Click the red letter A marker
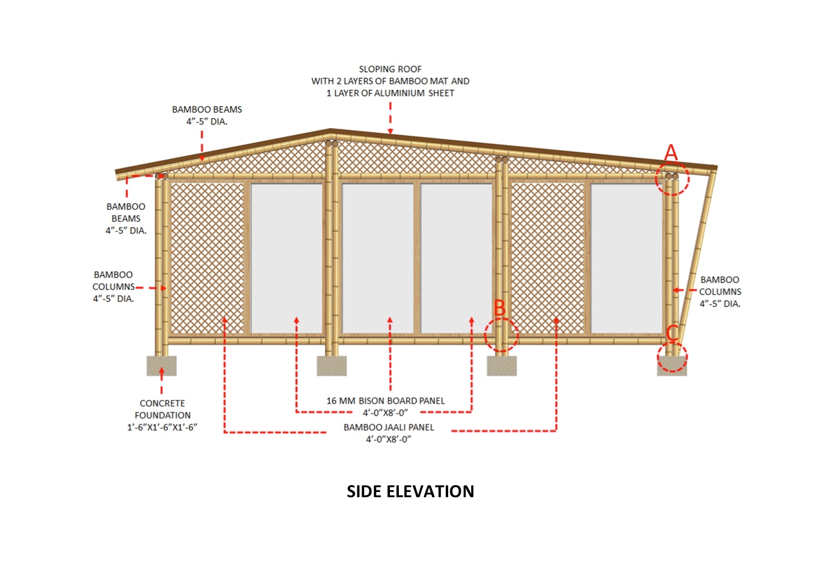coord(671,153)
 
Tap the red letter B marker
coord(500,308)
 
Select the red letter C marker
coord(672,333)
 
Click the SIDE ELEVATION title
coord(410,491)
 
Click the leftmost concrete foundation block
coord(162,366)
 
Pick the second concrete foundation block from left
coord(332,366)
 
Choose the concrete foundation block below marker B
coord(502,366)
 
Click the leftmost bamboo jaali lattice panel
coord(208,258)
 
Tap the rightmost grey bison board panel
coord(627,258)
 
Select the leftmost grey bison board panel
coord(287,258)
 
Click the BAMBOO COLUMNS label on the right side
coord(720,291)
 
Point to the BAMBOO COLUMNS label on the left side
coord(113,287)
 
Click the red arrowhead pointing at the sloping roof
coord(390,131)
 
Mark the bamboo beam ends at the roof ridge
coord(331,143)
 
